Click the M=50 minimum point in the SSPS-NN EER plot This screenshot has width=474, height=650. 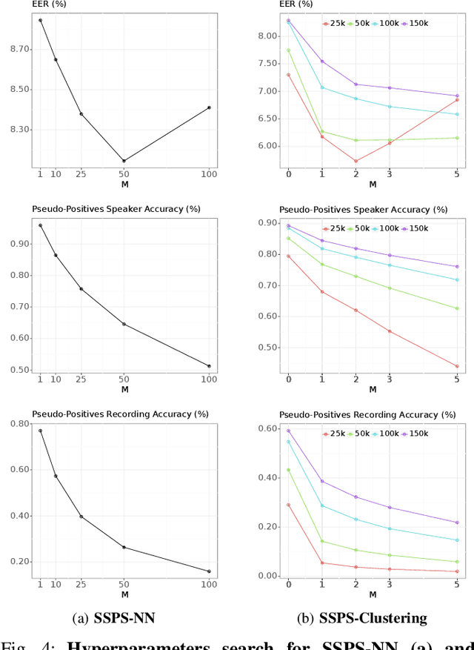coord(124,161)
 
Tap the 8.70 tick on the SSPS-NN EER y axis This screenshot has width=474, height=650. coord(21,49)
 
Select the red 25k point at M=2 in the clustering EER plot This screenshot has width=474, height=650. coord(355,161)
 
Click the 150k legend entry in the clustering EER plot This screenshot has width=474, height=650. coord(416,24)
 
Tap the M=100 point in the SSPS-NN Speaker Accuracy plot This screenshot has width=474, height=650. coord(209,366)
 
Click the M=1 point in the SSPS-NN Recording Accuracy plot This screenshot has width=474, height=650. coord(40,431)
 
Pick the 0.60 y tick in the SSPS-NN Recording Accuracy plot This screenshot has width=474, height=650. coord(21,469)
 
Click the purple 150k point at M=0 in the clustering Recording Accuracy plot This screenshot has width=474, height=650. coord(288,431)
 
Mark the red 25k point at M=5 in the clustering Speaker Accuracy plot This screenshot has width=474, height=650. coord(457,366)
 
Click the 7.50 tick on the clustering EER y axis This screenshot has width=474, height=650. coord(268,63)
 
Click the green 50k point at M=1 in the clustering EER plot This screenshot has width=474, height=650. coord(322,131)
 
